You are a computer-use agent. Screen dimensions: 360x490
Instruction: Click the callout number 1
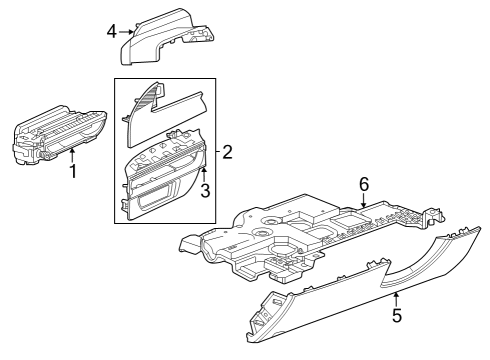(73, 172)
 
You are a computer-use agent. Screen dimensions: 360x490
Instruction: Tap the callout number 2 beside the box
(227, 153)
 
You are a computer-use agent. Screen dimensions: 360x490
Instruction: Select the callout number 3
(204, 188)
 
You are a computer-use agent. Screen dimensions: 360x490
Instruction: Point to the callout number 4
(111, 31)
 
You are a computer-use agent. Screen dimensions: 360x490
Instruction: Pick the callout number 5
(396, 315)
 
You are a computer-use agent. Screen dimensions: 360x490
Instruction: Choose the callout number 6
(364, 183)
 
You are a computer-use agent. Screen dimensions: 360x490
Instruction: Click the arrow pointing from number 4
(127, 31)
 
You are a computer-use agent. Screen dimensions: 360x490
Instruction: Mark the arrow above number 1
(73, 154)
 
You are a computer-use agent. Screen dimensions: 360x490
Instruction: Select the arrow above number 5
(396, 297)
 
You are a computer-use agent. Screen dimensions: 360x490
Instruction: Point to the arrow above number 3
(204, 171)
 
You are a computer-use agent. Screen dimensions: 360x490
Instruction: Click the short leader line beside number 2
(217, 153)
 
